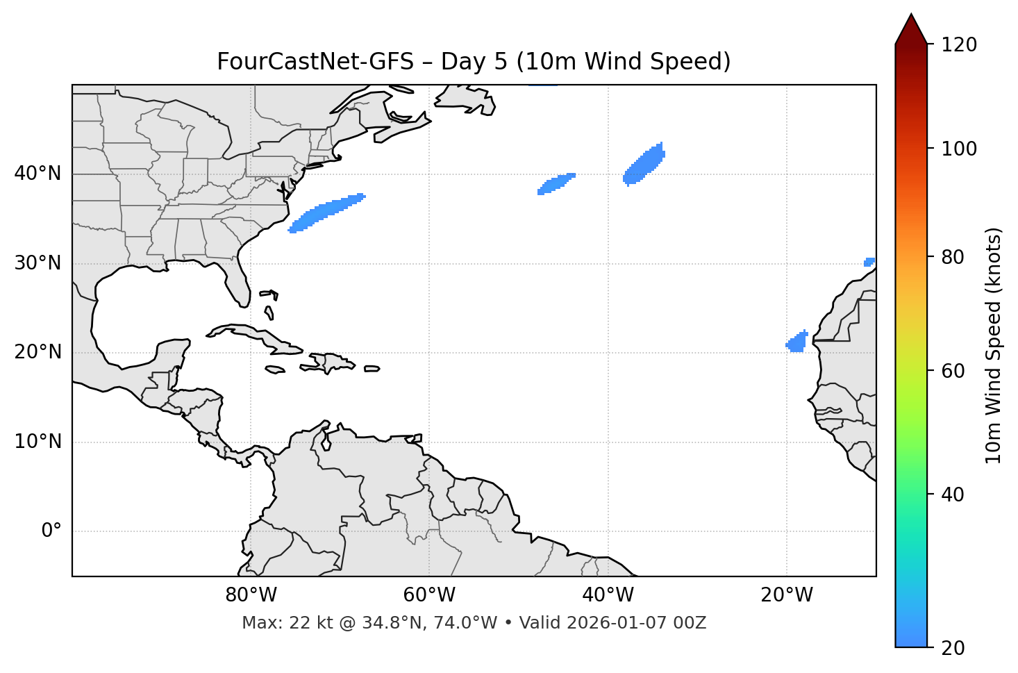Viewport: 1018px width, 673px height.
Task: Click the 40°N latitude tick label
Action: [37, 174]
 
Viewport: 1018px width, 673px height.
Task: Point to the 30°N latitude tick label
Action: [37, 263]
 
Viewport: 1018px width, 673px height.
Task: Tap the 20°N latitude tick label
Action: [37, 352]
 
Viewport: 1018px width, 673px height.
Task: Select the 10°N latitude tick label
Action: [37, 442]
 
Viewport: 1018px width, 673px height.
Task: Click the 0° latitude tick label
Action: [51, 531]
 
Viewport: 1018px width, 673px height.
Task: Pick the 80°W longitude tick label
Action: [251, 595]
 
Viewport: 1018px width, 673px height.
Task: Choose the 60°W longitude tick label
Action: [429, 595]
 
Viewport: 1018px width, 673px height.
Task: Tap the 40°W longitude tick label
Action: [608, 595]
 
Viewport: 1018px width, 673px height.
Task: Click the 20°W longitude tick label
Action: [786, 595]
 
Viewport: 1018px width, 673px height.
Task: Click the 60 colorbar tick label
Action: [953, 371]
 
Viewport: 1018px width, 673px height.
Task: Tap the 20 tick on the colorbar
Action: [953, 648]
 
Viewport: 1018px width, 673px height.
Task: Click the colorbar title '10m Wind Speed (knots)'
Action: [994, 346]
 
